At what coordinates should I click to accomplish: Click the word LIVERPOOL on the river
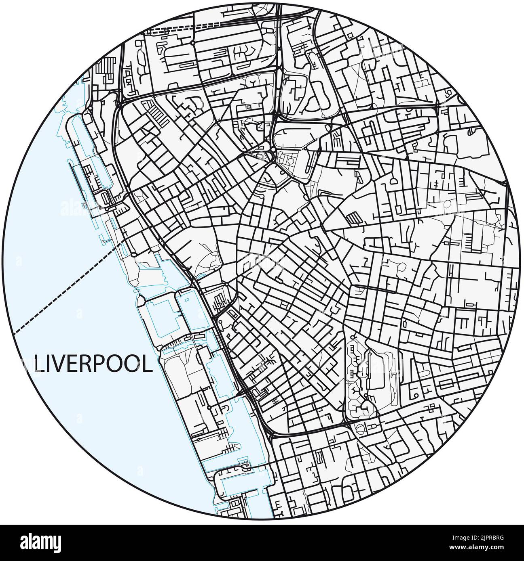tap(93, 364)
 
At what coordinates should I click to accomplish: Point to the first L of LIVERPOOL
tap(39, 364)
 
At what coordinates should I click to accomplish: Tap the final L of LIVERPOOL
tap(148, 364)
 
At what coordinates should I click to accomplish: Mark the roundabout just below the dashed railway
tap(193, 42)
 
